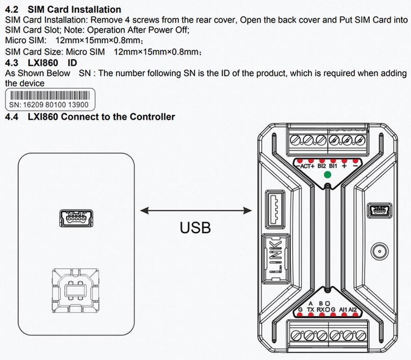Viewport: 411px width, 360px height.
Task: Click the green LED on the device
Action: tap(327, 175)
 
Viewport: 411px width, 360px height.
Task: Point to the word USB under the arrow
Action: tap(195, 227)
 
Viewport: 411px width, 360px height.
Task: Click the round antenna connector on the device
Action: tap(379, 251)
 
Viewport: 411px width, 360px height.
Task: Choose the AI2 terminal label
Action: tap(353, 309)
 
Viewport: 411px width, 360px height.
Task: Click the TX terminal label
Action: tap(311, 309)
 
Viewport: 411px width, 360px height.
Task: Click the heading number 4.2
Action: tap(11, 9)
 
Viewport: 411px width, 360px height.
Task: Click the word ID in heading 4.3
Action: tap(72, 62)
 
